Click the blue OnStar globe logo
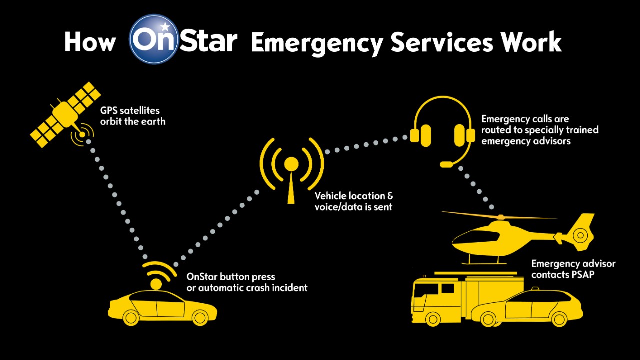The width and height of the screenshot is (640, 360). [154, 39]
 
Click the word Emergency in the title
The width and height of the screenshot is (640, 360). [317, 43]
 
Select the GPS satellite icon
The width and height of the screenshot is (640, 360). [65, 115]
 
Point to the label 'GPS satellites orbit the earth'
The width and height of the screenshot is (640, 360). [133, 116]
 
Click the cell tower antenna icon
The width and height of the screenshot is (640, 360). [291, 170]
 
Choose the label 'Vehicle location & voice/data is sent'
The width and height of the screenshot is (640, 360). [353, 201]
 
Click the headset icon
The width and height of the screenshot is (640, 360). [443, 131]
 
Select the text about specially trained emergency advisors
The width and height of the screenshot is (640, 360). [540, 130]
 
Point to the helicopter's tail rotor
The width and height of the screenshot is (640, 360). [580, 236]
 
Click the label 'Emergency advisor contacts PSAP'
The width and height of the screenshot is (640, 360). [573, 269]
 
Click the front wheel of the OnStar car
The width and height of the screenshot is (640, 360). [199, 317]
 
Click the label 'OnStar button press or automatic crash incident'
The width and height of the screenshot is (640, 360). [247, 282]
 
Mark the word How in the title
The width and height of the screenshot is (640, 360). [90, 42]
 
